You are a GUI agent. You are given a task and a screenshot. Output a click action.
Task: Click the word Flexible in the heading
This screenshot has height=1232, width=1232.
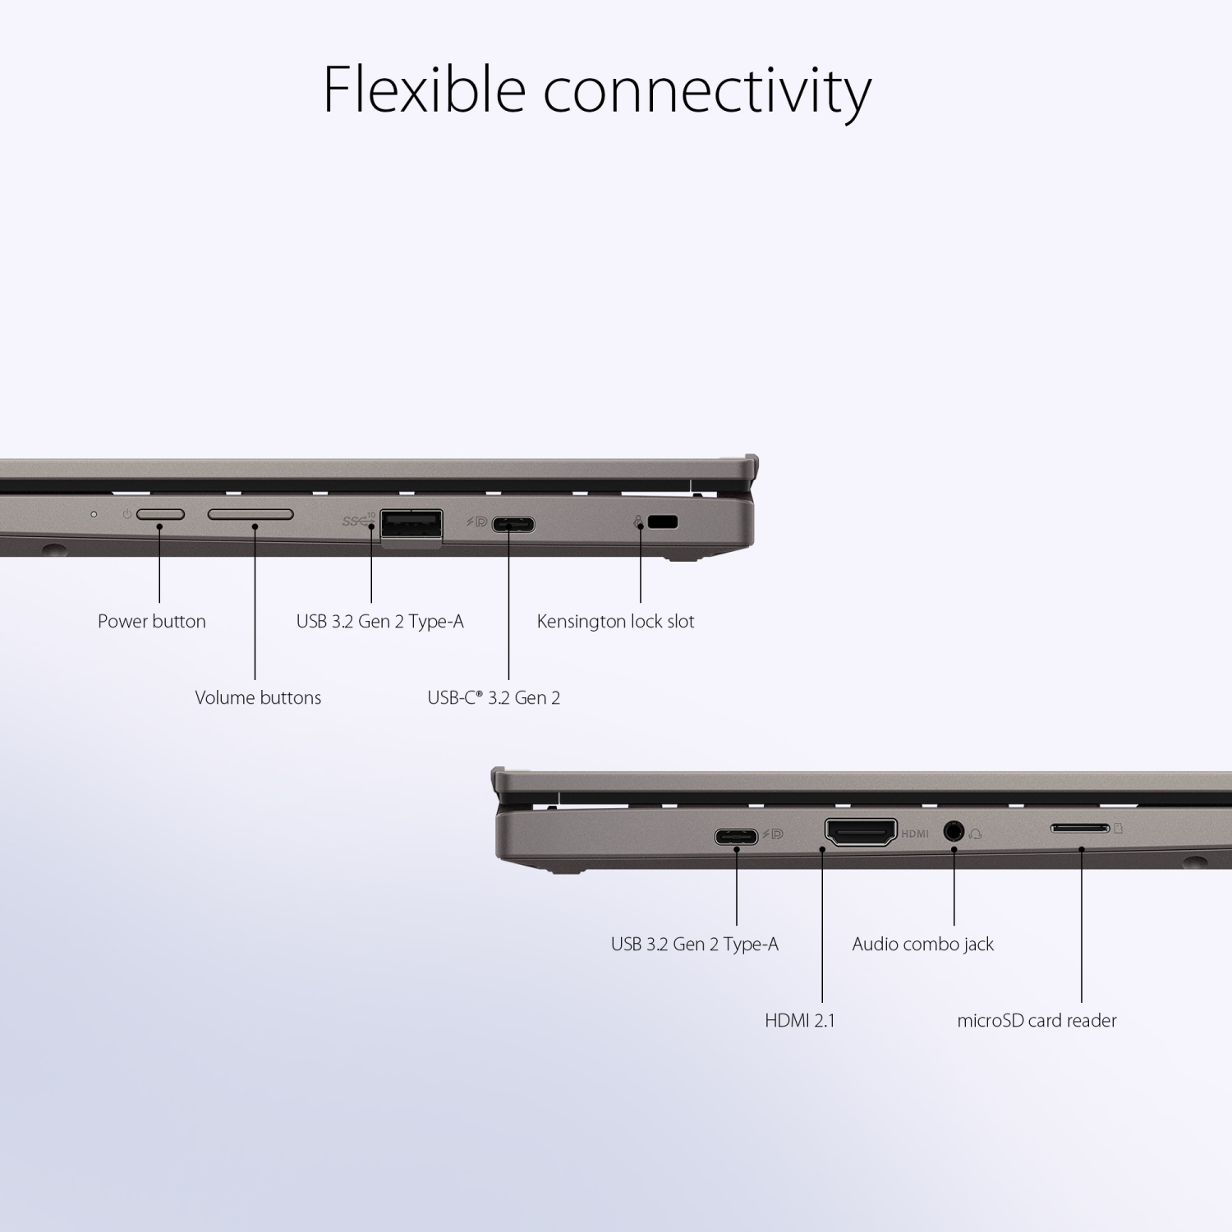pyautogui.click(x=424, y=89)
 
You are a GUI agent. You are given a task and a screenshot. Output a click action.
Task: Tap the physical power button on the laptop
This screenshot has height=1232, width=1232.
pyautogui.click(x=160, y=515)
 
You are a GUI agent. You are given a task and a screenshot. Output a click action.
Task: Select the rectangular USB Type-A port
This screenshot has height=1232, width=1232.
pyautogui.click(x=411, y=526)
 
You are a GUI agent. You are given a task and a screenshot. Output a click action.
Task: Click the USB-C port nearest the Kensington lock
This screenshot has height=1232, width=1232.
pyautogui.click(x=513, y=523)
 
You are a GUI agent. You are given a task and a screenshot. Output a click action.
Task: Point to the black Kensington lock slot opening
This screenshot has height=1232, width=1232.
pyautogui.click(x=663, y=522)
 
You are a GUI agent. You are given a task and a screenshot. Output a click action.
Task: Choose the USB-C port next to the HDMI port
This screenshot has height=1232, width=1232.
pyautogui.click(x=736, y=837)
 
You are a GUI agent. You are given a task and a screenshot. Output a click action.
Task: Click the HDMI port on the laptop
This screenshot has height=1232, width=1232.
pyautogui.click(x=861, y=833)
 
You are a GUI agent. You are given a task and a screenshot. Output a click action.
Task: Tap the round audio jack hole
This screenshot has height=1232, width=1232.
pyautogui.click(x=954, y=831)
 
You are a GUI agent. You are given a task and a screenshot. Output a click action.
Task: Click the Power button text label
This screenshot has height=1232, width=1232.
pyautogui.click(x=152, y=622)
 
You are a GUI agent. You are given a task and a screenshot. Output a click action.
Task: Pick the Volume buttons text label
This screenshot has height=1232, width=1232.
pyautogui.click(x=258, y=698)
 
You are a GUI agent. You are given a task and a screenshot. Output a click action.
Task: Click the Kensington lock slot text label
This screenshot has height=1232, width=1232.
pyautogui.click(x=615, y=622)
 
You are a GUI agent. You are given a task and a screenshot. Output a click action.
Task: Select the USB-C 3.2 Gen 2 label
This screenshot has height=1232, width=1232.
pyautogui.click(x=494, y=698)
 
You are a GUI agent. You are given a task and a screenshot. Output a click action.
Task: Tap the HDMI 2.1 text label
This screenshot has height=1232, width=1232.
pyautogui.click(x=799, y=1021)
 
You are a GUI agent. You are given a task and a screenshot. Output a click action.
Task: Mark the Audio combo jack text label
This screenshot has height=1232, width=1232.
pyautogui.click(x=922, y=945)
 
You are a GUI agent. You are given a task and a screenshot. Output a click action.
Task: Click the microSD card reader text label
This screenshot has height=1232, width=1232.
pyautogui.click(x=1037, y=1021)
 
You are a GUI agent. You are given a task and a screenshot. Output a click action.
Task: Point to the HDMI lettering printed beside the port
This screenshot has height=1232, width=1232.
pyautogui.click(x=915, y=834)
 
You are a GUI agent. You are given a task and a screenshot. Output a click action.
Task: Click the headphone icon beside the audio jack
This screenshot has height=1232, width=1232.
pyautogui.click(x=976, y=833)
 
